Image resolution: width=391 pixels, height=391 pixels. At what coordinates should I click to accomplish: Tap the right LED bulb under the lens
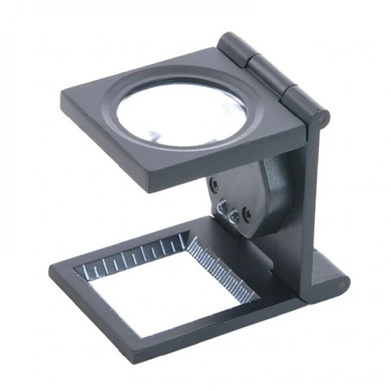232,215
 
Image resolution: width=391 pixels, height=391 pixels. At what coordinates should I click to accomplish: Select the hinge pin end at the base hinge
344,285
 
